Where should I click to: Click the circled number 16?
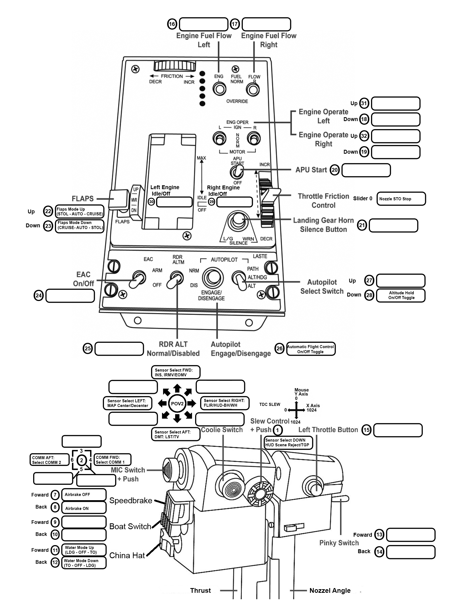[x=172, y=24]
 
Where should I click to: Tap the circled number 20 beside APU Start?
[x=335, y=170]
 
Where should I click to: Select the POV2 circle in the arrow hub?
[x=177, y=404]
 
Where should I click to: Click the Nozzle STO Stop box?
[x=401, y=199]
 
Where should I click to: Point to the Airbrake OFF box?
[x=84, y=495]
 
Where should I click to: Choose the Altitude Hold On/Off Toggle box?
[x=401, y=295]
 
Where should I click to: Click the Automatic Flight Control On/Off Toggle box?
[x=311, y=349]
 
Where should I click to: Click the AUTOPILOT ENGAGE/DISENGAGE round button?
[x=213, y=278]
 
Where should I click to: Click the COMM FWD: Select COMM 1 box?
[x=112, y=460]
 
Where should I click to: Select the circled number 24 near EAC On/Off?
[x=38, y=295]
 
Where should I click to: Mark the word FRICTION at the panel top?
[x=172, y=76]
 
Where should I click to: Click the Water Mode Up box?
[x=84, y=550]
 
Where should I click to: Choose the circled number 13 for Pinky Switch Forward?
[x=379, y=534]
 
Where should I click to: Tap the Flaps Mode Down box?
[x=80, y=225]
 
